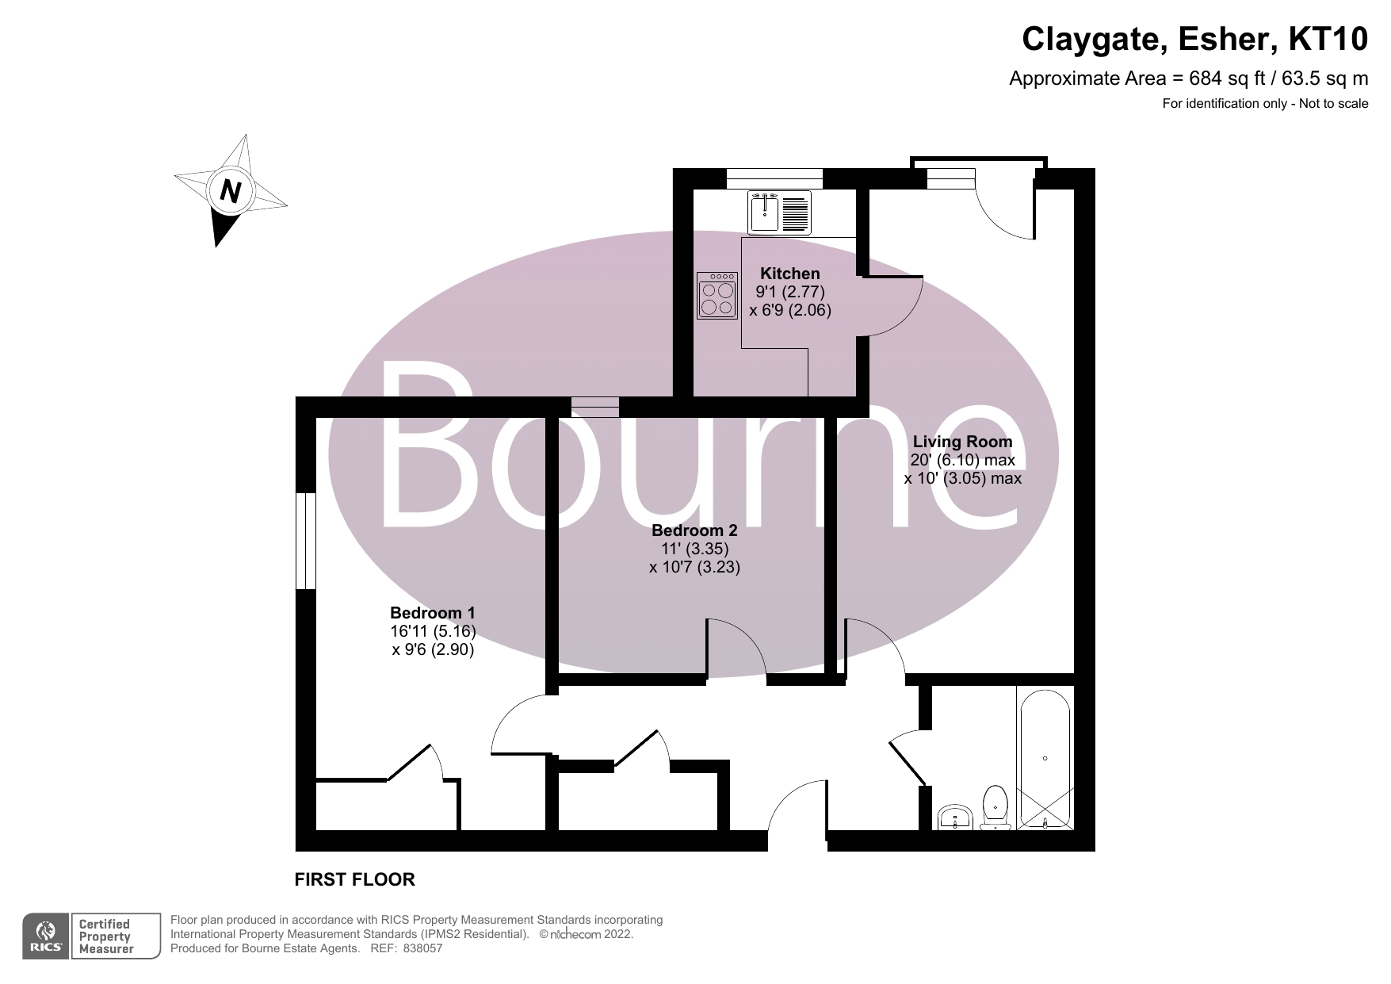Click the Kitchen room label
(x=790, y=274)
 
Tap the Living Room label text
(x=962, y=442)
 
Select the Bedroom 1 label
(x=432, y=613)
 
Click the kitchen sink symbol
(x=764, y=212)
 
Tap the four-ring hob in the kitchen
(x=717, y=296)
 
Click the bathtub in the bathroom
(x=1045, y=759)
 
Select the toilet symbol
(x=995, y=806)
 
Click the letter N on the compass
(x=231, y=191)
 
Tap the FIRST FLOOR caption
(x=354, y=879)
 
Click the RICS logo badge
(x=46, y=936)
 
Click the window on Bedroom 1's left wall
(x=306, y=541)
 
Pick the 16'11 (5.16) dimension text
(x=433, y=632)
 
